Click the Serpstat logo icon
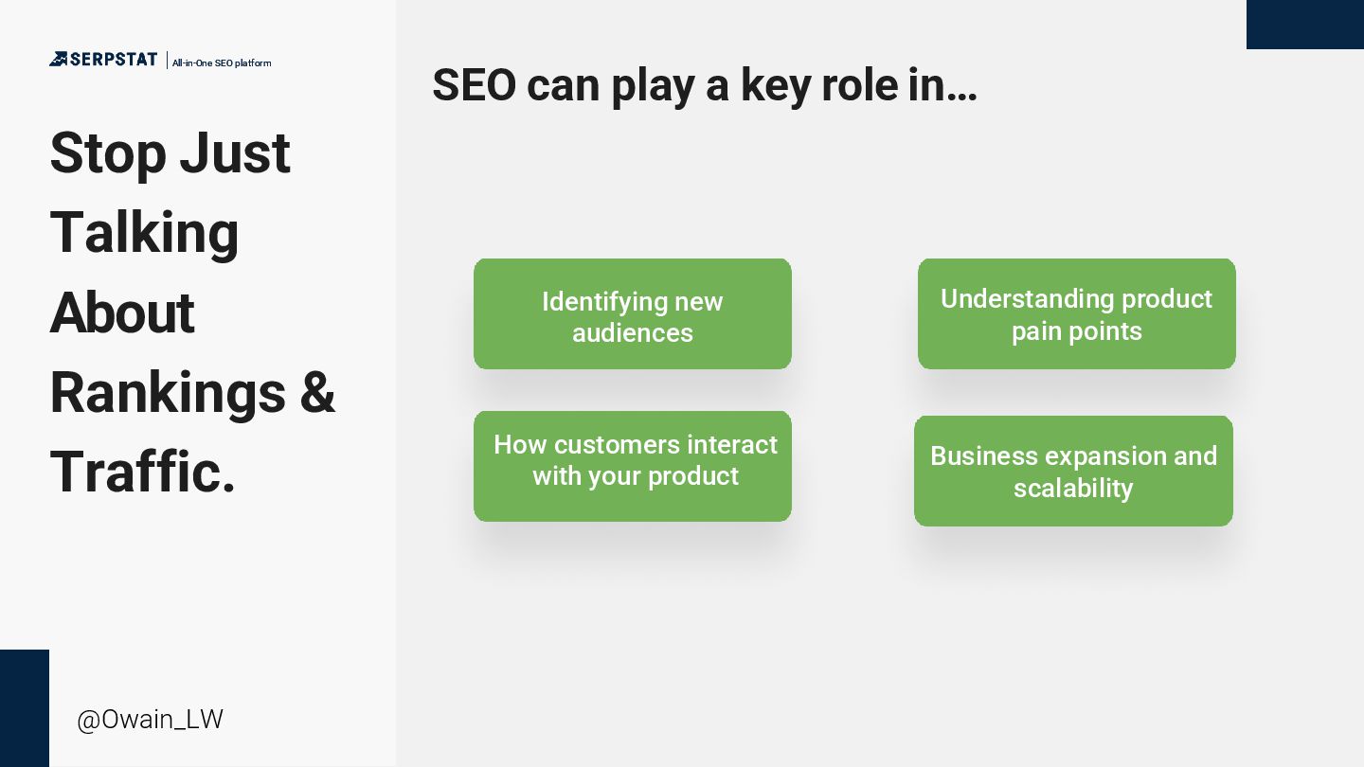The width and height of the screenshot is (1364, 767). (59, 59)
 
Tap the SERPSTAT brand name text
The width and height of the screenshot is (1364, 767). (114, 60)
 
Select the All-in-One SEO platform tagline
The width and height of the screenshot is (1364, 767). (222, 63)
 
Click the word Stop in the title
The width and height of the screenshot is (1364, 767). (108, 153)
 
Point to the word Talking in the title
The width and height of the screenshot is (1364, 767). (144, 233)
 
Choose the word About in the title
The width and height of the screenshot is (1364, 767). (121, 312)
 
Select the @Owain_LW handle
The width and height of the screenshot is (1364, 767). (150, 720)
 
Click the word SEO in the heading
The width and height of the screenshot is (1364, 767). (474, 85)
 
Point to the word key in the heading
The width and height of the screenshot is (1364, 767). (775, 85)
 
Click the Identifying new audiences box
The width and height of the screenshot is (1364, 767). (633, 314)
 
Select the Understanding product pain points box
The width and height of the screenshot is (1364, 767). (1076, 314)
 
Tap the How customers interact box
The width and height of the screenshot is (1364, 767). (633, 466)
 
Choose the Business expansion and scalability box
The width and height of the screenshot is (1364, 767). (1073, 471)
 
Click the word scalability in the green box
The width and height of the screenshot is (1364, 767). (1073, 489)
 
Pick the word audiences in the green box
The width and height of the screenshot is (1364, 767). (633, 333)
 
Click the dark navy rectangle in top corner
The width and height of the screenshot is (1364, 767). (1305, 25)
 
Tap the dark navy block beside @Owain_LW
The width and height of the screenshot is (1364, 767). (25, 708)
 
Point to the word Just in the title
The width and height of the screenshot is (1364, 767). (235, 153)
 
